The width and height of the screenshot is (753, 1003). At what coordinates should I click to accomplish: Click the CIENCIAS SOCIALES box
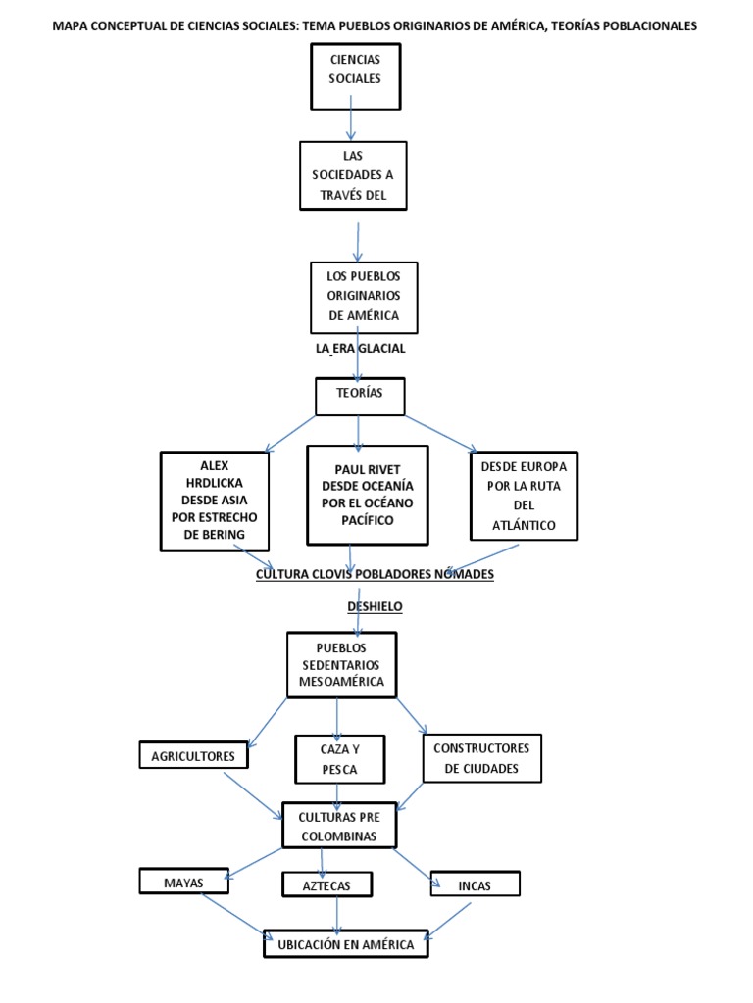pos(355,76)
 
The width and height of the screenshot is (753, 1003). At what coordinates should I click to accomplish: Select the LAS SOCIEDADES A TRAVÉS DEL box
pos(353,175)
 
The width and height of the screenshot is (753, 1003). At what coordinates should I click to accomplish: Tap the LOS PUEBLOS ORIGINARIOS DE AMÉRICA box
pos(364,298)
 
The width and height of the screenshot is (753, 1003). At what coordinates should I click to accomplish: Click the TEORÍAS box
pos(360,397)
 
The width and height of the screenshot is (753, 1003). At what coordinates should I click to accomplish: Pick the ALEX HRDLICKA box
pos(214,501)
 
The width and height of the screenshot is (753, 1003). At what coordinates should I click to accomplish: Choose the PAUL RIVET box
pos(368,495)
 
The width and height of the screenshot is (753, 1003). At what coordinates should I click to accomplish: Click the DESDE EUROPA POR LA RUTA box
pos(524,496)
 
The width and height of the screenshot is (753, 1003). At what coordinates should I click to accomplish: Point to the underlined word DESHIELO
pos(376,606)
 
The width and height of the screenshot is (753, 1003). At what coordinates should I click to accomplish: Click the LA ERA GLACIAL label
pos(361,349)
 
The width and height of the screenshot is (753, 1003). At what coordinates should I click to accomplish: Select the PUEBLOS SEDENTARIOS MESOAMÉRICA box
pos(341,665)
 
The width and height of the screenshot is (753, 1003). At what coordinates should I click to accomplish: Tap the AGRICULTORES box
pos(193,755)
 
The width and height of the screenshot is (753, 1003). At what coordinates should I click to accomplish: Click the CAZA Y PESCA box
pos(339,759)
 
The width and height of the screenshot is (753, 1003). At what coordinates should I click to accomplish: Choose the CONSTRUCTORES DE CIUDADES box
pos(482,758)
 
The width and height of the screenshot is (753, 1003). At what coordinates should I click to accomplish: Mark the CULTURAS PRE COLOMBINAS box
pos(339,826)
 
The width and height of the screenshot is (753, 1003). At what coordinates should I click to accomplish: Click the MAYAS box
pos(183,881)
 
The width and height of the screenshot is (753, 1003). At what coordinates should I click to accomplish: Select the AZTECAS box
pos(326,884)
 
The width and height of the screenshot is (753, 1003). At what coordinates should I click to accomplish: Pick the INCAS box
pos(475,884)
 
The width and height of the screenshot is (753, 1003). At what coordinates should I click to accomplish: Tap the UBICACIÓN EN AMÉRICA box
pos(346,943)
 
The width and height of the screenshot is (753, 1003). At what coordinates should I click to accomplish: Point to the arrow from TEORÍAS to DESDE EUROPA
pos(441,434)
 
